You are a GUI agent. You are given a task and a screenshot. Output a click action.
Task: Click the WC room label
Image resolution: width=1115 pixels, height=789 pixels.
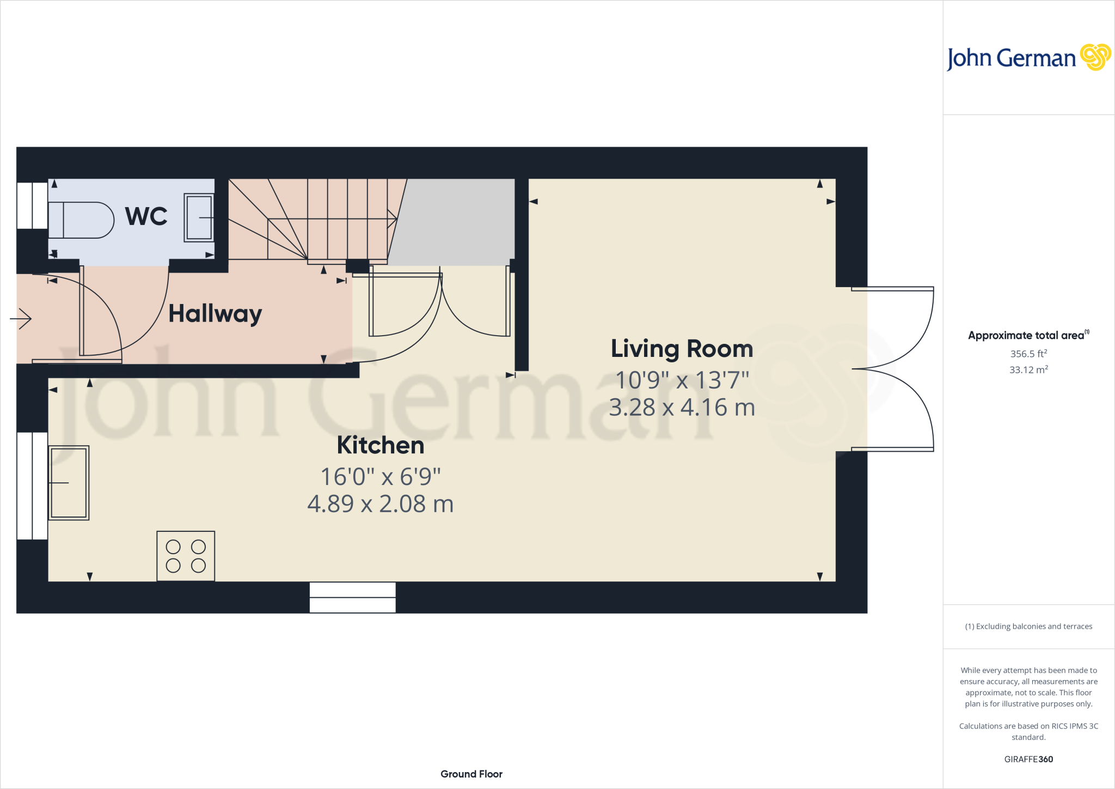tap(146, 216)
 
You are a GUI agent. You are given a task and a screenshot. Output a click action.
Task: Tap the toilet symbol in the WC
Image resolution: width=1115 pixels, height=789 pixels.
tap(81, 220)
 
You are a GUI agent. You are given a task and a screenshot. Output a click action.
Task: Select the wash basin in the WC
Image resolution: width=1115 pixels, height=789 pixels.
tap(199, 217)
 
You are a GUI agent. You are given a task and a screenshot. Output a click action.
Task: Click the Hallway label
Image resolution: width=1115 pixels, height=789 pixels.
tap(215, 314)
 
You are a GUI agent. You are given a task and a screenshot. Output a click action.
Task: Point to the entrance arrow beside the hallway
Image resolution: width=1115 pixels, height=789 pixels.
tap(21, 319)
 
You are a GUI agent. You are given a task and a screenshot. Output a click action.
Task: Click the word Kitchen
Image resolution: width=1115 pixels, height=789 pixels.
tap(380, 445)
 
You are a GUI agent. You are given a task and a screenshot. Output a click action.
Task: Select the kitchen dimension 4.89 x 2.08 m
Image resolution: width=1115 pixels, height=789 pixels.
tap(380, 503)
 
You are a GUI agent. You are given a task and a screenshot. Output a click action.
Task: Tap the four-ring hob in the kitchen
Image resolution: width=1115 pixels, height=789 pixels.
tap(186, 556)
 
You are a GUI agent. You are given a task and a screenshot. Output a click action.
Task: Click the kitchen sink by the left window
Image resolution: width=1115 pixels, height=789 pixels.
tap(69, 483)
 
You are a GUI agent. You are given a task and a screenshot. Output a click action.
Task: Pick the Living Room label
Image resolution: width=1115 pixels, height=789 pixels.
tap(682, 349)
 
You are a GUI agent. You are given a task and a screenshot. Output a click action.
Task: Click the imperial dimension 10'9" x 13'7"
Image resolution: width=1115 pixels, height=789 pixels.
tap(682, 380)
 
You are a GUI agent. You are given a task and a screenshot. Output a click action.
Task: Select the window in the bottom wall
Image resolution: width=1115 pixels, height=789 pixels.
tap(352, 597)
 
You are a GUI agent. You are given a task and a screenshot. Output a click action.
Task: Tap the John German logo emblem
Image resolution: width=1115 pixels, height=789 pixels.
tap(1095, 57)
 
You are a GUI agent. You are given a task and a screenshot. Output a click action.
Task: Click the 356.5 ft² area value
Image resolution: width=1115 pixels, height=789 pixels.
tap(1028, 354)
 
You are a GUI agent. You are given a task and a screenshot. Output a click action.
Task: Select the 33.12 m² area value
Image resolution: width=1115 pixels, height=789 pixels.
tap(1028, 369)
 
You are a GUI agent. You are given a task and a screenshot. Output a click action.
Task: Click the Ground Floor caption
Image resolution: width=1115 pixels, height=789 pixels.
tap(471, 774)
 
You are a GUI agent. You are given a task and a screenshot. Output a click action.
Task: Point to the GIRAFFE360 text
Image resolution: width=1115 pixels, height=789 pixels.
tap(1028, 759)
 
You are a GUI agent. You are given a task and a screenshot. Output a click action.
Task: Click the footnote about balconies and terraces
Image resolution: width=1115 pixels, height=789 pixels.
tap(1028, 626)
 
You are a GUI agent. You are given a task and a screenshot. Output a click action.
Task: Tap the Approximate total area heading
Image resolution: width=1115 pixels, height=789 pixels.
tap(1027, 336)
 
